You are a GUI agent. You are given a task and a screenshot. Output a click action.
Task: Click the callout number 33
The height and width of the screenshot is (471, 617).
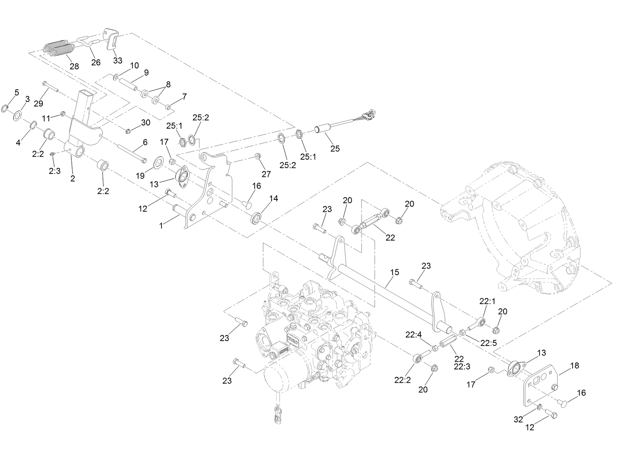point(118,61)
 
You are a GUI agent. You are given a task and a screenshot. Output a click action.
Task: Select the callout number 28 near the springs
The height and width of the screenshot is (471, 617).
point(74,66)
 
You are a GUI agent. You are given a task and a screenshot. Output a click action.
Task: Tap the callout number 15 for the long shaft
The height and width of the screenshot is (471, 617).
point(395,272)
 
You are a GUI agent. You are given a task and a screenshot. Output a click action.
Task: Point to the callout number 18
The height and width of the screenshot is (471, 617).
point(575,365)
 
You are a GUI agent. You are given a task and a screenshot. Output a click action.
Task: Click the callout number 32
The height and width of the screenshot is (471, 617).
point(518,420)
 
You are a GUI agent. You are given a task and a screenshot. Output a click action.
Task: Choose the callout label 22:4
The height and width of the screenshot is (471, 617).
point(413,334)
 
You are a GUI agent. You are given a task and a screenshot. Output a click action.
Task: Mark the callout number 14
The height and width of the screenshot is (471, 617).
point(274,198)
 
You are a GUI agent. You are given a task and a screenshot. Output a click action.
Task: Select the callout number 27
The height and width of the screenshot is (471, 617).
point(266,174)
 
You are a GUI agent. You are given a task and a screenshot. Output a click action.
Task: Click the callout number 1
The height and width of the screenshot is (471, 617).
point(161,225)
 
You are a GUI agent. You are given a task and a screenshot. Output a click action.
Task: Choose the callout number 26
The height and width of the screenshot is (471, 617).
point(96,62)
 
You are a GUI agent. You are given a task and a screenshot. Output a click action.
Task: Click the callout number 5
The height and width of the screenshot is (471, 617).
point(17,92)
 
